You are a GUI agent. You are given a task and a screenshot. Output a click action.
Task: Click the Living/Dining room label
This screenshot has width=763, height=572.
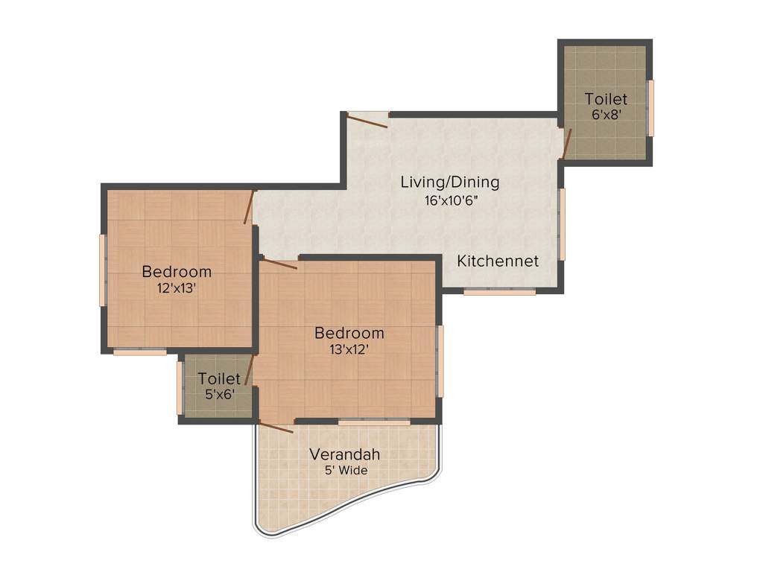449,181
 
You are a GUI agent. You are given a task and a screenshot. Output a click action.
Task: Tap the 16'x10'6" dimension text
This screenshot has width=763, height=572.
449,200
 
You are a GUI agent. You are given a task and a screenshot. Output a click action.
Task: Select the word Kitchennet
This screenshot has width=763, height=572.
498,261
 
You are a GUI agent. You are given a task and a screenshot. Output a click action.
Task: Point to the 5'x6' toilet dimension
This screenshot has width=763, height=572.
220,395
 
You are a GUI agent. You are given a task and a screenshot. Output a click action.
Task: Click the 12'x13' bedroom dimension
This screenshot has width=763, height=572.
177,288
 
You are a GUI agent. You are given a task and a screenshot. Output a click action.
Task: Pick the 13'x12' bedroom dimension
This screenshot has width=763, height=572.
349,349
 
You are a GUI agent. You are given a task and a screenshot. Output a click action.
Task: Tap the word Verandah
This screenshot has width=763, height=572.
345,454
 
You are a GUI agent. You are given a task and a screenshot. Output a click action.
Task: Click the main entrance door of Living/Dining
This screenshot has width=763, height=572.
367,120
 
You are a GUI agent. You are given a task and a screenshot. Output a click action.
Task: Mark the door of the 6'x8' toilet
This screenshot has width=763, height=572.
566,144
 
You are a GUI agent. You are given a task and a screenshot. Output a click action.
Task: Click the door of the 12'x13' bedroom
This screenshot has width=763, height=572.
250,206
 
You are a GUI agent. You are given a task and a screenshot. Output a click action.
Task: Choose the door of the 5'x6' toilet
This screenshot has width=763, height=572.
250,370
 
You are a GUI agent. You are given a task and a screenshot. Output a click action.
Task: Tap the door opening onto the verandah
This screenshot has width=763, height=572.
276,428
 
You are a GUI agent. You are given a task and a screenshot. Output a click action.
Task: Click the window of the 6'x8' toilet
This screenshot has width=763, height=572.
650,108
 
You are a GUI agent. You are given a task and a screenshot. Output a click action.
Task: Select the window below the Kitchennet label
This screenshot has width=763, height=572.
499,292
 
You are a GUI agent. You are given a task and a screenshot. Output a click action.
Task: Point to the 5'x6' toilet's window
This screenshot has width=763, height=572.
180,388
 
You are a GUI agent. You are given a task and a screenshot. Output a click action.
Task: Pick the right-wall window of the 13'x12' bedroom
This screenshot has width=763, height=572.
440,361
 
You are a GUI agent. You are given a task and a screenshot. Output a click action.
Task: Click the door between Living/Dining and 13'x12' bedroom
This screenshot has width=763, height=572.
280,264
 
